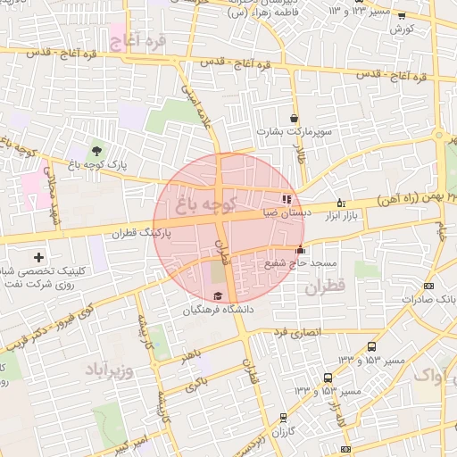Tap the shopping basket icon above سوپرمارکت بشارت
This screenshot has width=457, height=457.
coord(294,118)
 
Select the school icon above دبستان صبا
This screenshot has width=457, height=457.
coord(286,199)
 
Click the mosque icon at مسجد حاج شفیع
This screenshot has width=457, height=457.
coord(300,251)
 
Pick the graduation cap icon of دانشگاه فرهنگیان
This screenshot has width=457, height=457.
coord(219,296)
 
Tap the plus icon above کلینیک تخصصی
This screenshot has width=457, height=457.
coord(38,257)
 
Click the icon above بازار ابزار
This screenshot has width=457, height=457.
coord(340,203)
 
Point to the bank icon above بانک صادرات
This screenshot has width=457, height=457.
coord(429,286)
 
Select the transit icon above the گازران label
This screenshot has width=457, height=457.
coord(284,417)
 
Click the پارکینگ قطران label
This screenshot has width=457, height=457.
coord(139,232)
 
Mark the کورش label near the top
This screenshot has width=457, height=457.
coord(400,29)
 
